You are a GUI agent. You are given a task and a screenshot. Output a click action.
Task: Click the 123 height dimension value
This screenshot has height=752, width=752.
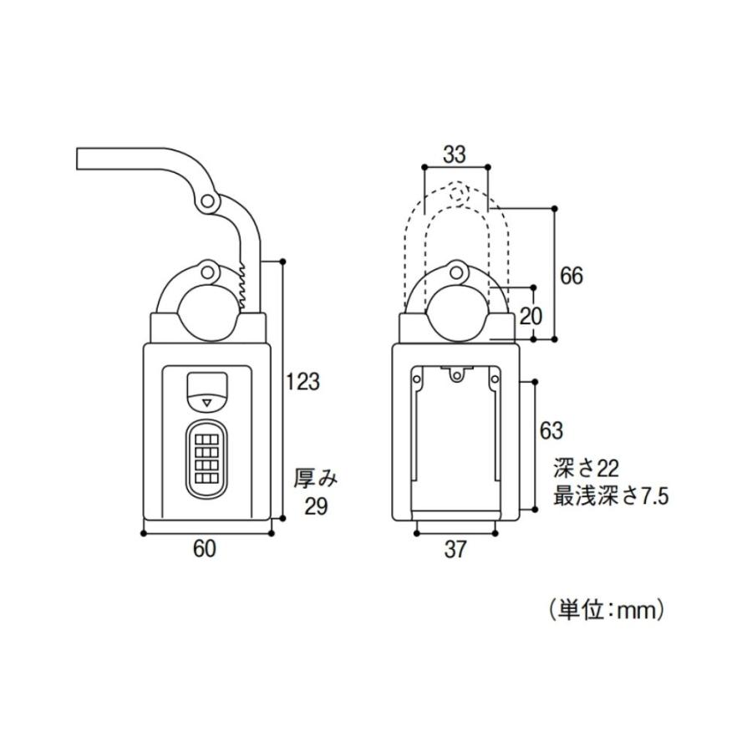(302, 382)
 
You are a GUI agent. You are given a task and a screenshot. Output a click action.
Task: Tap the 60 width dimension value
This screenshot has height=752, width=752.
(205, 549)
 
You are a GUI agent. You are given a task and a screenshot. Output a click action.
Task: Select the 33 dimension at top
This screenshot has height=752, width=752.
(455, 154)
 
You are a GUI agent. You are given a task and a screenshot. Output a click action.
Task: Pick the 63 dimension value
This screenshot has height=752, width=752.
(551, 431)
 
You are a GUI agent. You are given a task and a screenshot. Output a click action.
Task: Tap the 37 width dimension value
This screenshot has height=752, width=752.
(455, 549)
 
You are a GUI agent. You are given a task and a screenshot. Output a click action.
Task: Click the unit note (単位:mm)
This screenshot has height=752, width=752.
(606, 610)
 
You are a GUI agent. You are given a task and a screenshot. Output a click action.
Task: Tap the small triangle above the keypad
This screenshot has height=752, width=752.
(208, 404)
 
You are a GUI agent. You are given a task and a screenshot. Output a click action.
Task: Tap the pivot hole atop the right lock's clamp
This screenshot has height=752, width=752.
(456, 270)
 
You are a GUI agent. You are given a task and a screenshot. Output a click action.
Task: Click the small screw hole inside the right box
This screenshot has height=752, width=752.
(456, 377)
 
